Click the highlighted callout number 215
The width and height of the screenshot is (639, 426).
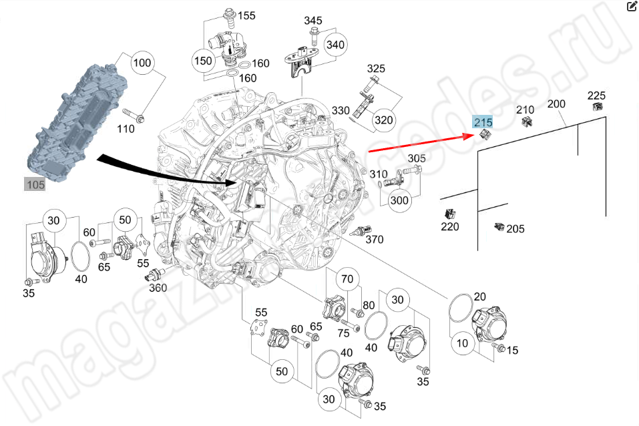[x=482, y=122]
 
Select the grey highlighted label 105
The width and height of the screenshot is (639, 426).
[x=35, y=184]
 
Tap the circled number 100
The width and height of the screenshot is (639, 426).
[x=142, y=64]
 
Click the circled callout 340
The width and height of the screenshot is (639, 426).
[x=335, y=45]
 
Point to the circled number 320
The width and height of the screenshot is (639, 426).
[x=384, y=120]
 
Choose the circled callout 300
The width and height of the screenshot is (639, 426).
[x=399, y=200]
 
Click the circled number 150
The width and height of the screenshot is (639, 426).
[x=203, y=61]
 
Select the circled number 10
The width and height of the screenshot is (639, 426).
[x=463, y=344]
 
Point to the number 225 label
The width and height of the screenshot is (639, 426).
[x=596, y=95]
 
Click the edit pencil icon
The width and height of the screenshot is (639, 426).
[x=632, y=7]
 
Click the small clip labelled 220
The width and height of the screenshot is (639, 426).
[x=449, y=214]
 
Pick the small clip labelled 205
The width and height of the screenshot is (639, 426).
[x=497, y=227]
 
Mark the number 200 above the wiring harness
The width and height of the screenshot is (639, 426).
[x=556, y=104]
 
